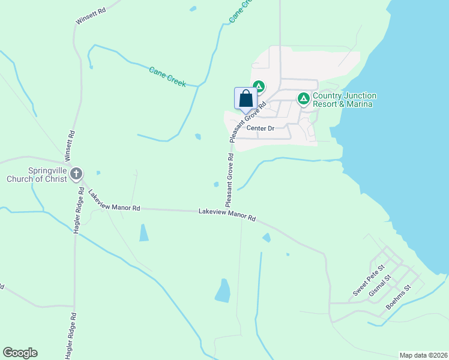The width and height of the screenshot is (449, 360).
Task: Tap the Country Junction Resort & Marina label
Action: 344,100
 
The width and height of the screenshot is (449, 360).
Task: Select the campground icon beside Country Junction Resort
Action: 304,98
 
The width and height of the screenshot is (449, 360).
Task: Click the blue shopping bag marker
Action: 246,98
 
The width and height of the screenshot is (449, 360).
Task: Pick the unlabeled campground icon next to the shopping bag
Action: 259,86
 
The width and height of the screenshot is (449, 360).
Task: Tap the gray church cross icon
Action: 76,175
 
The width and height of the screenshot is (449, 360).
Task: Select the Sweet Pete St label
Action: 367,283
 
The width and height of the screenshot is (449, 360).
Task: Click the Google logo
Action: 20,353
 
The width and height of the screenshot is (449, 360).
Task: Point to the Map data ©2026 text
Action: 423,355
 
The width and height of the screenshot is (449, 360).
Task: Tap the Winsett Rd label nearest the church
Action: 71,146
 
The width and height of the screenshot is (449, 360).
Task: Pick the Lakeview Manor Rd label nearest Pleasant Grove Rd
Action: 228,215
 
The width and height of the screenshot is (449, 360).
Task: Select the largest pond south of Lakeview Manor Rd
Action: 223,291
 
